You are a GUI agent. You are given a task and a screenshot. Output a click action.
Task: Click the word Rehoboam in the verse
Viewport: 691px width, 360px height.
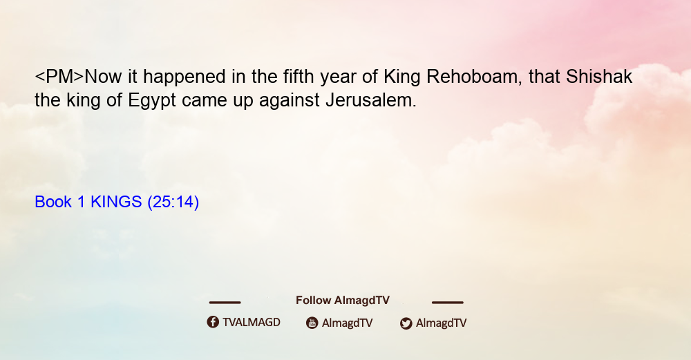point(474,77)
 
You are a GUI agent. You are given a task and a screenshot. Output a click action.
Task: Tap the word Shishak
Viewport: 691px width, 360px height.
point(599,77)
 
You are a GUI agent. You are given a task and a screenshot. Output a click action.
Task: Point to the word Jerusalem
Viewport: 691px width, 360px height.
point(371,100)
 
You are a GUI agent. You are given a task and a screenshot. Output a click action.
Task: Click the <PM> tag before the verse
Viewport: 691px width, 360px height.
point(59,77)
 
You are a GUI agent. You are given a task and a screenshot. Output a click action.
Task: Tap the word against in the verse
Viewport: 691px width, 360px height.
point(289,101)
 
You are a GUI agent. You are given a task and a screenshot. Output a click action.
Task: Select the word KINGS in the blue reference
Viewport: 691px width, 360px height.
point(116,202)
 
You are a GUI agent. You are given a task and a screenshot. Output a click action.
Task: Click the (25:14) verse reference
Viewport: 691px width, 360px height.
point(173,202)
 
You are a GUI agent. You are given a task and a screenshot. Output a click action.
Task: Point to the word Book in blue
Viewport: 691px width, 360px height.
point(53,202)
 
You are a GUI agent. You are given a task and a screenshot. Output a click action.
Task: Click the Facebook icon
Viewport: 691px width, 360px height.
point(213,322)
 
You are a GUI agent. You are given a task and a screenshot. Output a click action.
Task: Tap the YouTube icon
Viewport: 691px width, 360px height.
point(312,323)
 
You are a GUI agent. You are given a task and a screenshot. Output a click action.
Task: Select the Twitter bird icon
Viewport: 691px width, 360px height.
point(406,323)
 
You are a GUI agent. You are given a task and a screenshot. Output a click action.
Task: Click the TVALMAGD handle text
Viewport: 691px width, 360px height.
point(252,322)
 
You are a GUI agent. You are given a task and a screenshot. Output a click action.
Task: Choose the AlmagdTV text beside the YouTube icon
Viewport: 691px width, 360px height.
point(348,323)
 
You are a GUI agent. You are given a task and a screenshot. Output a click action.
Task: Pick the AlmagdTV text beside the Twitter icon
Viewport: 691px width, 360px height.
point(441,323)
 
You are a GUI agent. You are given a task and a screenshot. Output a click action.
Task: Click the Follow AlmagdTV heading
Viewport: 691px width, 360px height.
point(343,300)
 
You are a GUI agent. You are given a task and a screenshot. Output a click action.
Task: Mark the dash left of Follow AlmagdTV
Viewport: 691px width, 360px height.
point(225,302)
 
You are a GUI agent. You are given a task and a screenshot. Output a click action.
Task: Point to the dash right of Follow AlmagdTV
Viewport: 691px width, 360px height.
point(448,302)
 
